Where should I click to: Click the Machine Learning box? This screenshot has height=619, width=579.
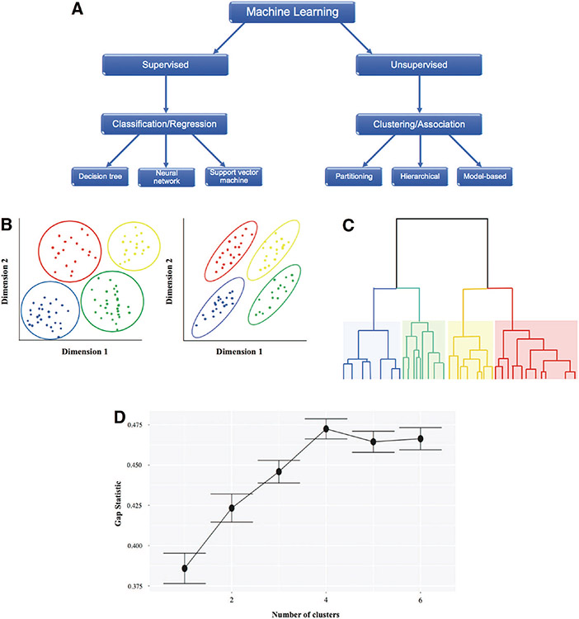[x=285, y=12]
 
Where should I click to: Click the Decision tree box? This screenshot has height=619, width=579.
[x=99, y=175]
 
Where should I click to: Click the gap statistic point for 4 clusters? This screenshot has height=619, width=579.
[x=327, y=428]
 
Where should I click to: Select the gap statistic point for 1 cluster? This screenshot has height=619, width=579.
[x=185, y=568]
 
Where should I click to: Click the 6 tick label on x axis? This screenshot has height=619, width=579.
[x=421, y=600]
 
